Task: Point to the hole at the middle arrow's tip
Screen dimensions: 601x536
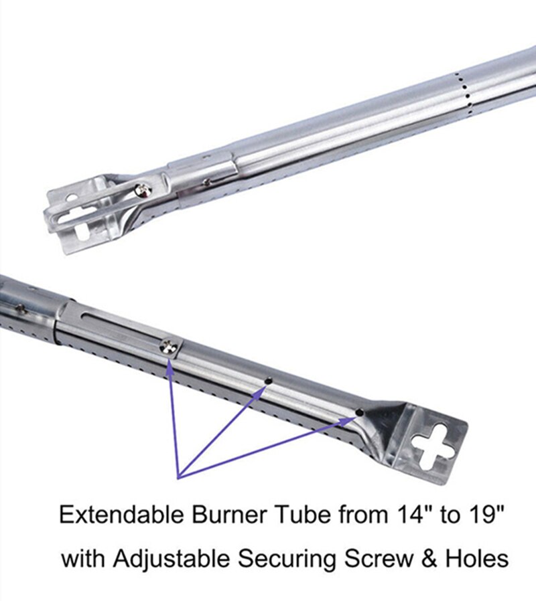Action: click(x=268, y=381)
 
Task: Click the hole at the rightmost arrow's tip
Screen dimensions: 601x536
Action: click(x=359, y=413)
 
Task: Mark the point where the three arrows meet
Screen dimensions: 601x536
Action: click(x=179, y=477)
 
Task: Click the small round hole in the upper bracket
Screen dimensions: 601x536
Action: click(x=69, y=198)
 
